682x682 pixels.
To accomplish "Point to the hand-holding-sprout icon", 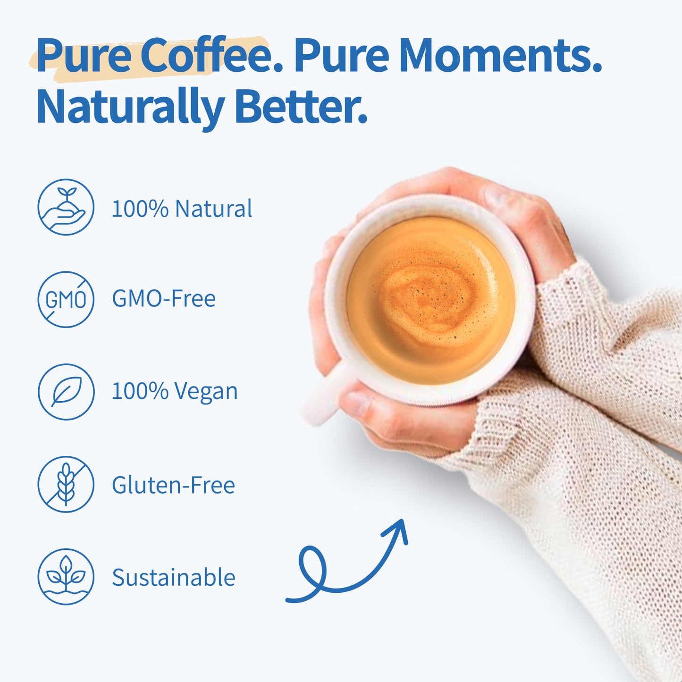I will pos(66,207).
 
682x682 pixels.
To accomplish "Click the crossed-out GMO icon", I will pos(66,299).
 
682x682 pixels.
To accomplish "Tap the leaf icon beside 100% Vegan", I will pos(66,392).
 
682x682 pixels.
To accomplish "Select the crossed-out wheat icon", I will pos(66,484).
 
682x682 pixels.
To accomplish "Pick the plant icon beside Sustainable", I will pos(66,577).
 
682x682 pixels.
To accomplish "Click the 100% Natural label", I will pos(182,209).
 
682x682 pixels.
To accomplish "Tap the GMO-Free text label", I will pos(163,299).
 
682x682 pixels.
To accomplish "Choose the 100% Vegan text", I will pos(174,392).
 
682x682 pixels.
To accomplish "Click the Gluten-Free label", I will pos(173,485).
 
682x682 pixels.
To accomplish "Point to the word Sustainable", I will pos(173,578).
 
